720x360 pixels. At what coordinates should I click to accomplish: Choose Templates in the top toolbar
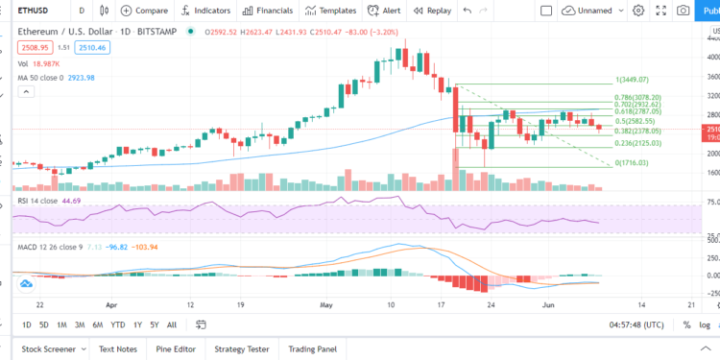(x=331, y=11)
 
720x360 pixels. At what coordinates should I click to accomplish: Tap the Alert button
(x=386, y=11)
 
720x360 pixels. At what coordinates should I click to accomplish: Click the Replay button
(x=433, y=11)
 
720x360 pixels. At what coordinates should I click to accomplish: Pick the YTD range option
(x=119, y=324)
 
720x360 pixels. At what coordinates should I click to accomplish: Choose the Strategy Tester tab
(x=241, y=348)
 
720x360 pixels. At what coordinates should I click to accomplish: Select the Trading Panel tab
(x=313, y=348)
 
